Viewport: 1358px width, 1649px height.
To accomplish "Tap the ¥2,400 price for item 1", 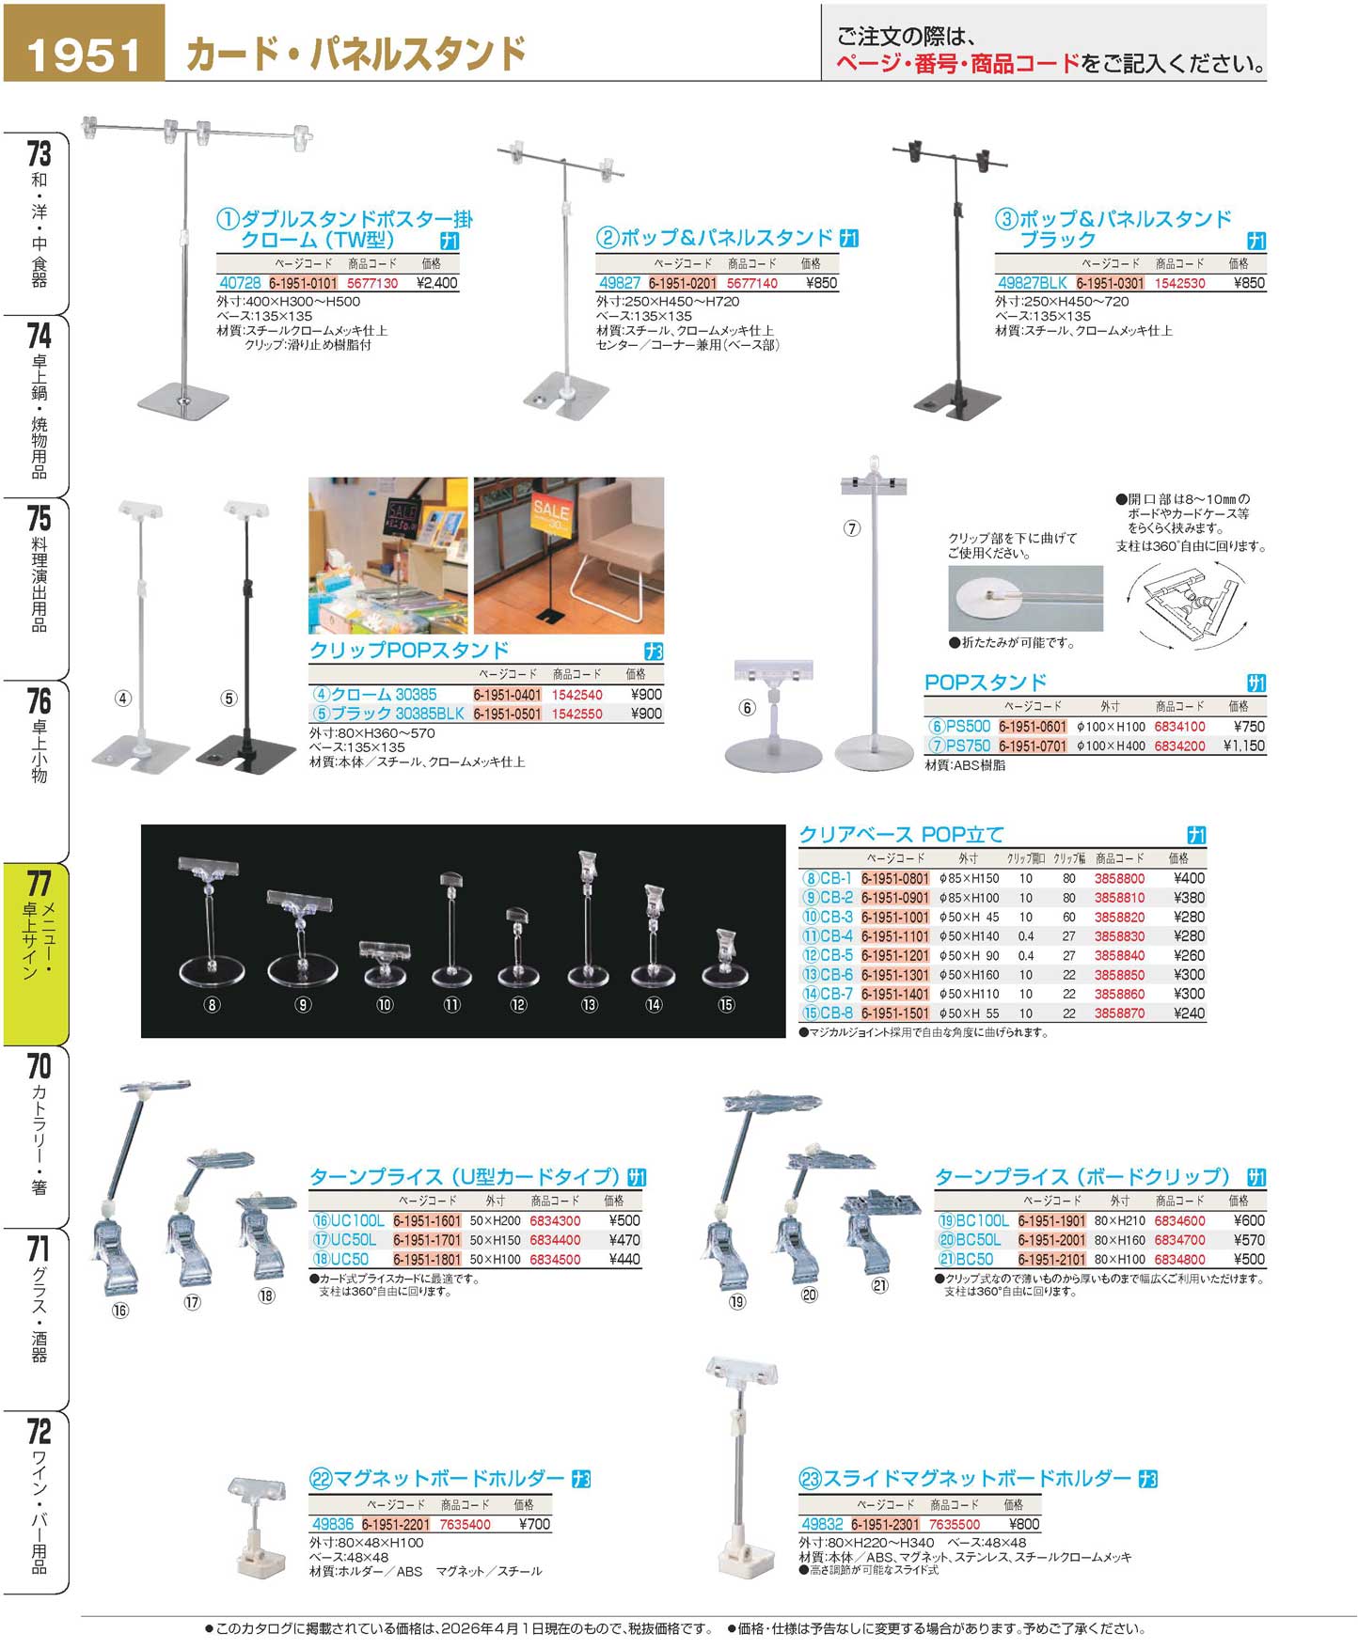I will pos(436,283).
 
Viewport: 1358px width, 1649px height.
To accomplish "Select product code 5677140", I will pos(752,283).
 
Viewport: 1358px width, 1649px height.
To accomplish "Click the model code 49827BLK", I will pos(1032,283).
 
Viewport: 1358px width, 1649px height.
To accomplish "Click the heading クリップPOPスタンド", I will pos(409,651).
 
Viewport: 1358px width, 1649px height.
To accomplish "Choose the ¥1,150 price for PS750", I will pos(1243,746).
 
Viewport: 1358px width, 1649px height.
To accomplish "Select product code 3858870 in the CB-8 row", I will pos(1119,1013).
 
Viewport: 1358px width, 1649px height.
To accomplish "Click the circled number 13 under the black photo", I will pos(590,1005).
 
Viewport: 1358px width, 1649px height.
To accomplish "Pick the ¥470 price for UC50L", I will pos(624,1240).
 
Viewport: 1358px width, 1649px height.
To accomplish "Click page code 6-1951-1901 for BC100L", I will pos(1051,1221).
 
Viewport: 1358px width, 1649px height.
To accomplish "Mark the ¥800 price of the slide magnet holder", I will pos(1024,1524).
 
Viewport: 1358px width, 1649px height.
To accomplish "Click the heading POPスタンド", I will pos(985,683).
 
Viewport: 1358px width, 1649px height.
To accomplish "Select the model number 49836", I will pos(333,1524).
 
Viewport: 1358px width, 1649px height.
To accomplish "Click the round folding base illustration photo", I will pos(1025,598).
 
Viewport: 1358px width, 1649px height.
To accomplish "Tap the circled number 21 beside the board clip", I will pos(879,1285).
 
